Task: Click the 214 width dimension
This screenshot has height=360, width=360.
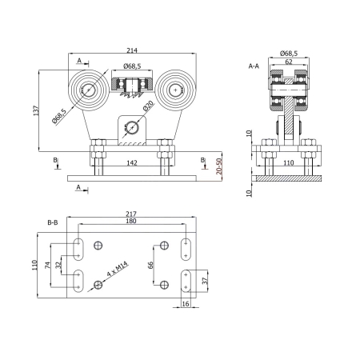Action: [x=132, y=50]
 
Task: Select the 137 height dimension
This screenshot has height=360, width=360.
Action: [x=36, y=110]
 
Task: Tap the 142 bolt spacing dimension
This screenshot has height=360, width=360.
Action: [x=132, y=162]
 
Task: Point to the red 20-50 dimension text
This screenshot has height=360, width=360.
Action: [x=219, y=166]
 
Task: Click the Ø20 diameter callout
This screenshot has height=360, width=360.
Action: [x=148, y=106]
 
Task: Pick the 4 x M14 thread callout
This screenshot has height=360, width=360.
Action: [x=118, y=269]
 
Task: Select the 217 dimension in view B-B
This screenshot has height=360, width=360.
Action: [x=131, y=214]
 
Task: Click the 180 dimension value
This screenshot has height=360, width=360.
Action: [x=131, y=221]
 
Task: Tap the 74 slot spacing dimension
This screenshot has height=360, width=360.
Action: [x=47, y=266]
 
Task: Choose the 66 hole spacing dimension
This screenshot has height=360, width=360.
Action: [x=150, y=265]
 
